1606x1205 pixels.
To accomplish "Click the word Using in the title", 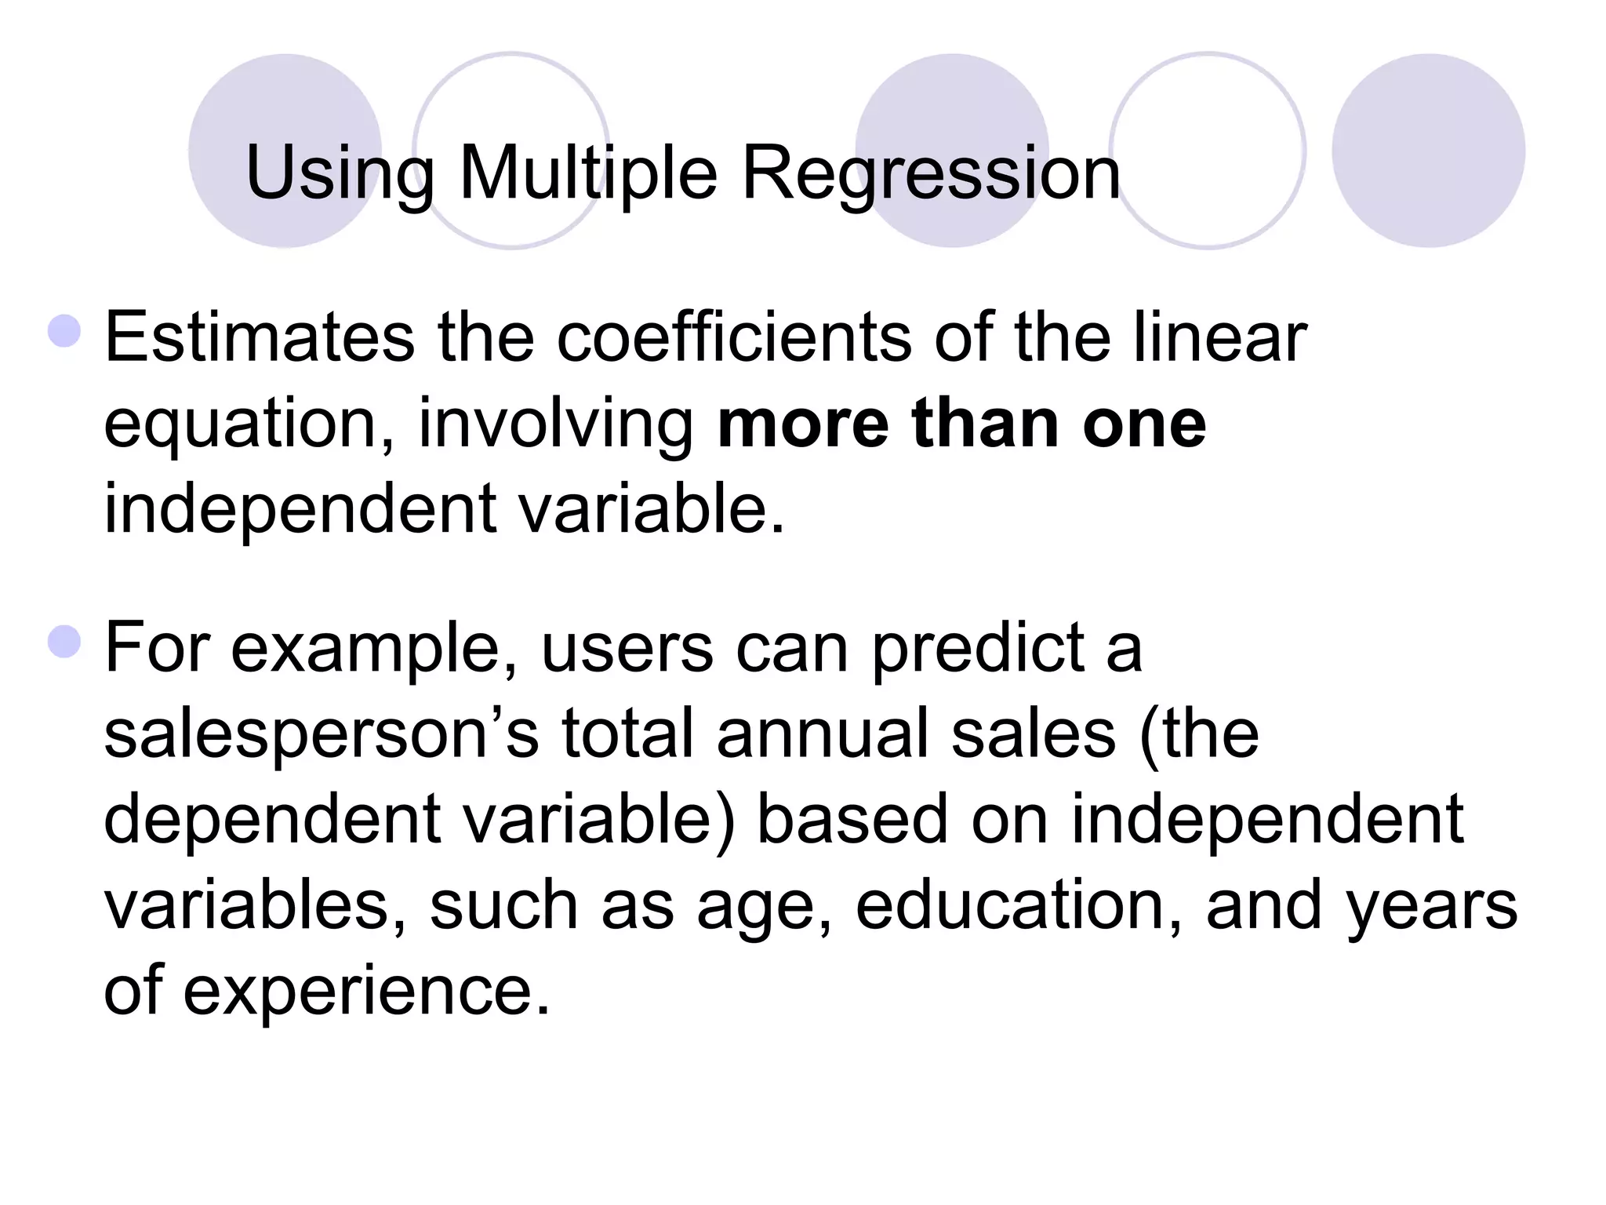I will tap(340, 173).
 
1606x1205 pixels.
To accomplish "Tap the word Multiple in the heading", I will tap(588, 173).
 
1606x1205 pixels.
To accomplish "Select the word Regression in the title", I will tap(931, 173).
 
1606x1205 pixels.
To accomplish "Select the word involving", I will tap(556, 425).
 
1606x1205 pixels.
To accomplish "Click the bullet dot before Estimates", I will tap(64, 331).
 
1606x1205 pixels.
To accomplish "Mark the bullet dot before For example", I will tap(64, 642).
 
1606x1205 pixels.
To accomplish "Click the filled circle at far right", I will tap(1428, 151).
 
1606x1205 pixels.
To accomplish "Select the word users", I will tap(627, 650).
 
